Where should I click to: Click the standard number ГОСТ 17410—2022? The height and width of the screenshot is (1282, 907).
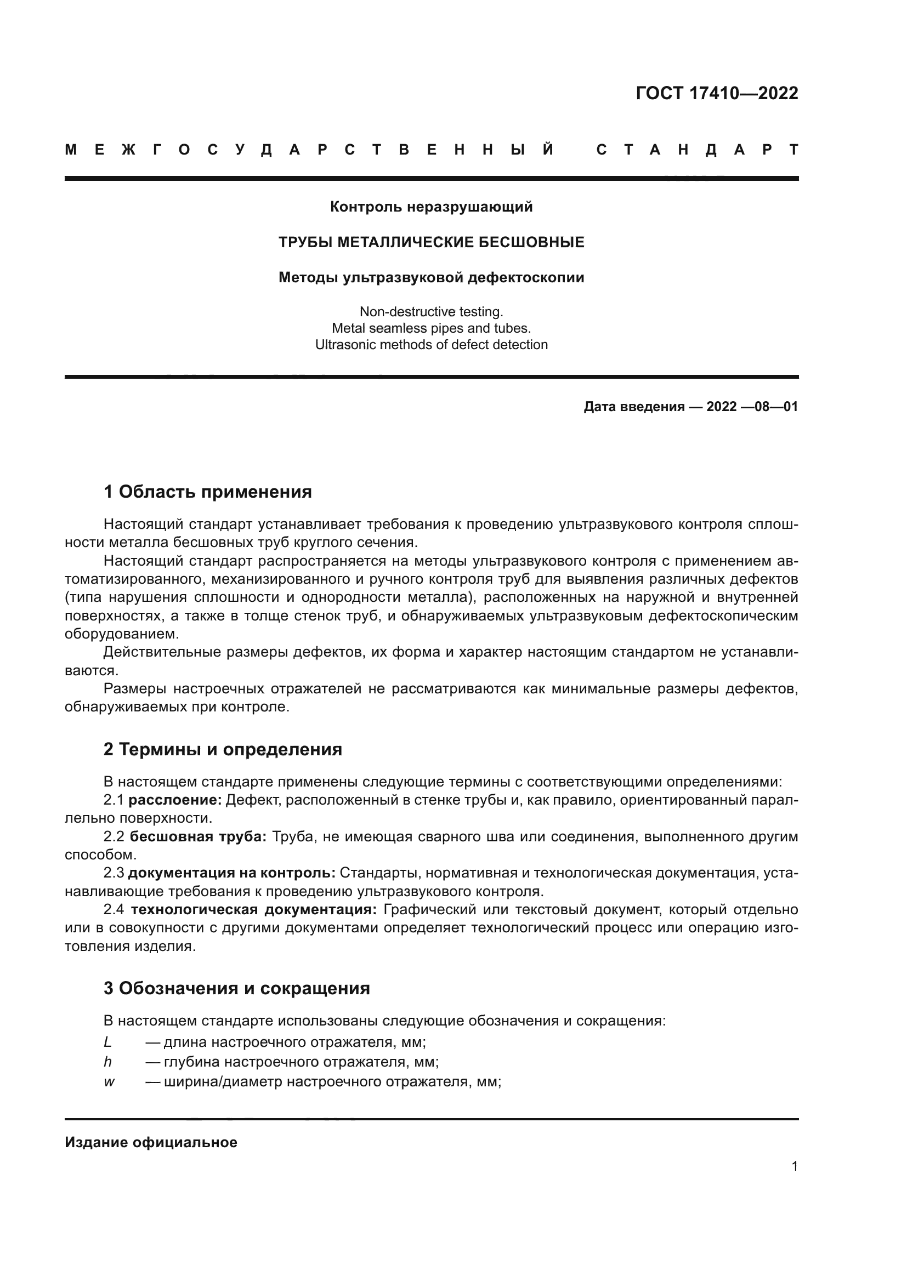coord(717,93)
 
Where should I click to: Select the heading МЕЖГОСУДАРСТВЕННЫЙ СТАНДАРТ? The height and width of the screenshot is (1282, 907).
coord(431,150)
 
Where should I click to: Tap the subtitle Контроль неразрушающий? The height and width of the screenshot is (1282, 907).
coord(431,207)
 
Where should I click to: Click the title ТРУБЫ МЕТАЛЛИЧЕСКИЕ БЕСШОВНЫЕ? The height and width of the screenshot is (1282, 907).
coord(431,242)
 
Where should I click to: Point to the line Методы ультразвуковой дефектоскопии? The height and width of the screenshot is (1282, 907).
coord(431,277)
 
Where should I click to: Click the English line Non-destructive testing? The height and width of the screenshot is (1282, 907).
coord(431,311)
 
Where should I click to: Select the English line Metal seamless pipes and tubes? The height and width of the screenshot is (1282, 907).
coord(431,328)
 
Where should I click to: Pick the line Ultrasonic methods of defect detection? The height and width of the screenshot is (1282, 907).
coord(431,345)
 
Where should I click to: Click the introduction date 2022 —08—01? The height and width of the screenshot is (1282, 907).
coord(752,407)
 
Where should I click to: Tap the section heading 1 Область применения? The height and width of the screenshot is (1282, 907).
coord(207,492)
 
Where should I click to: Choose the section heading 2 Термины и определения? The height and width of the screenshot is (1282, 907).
coord(222,749)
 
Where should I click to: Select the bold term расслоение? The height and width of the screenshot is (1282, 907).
coord(175,800)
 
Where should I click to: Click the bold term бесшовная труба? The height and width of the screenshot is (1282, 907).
coord(199,836)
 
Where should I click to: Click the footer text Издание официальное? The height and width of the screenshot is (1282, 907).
coord(151,1142)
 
